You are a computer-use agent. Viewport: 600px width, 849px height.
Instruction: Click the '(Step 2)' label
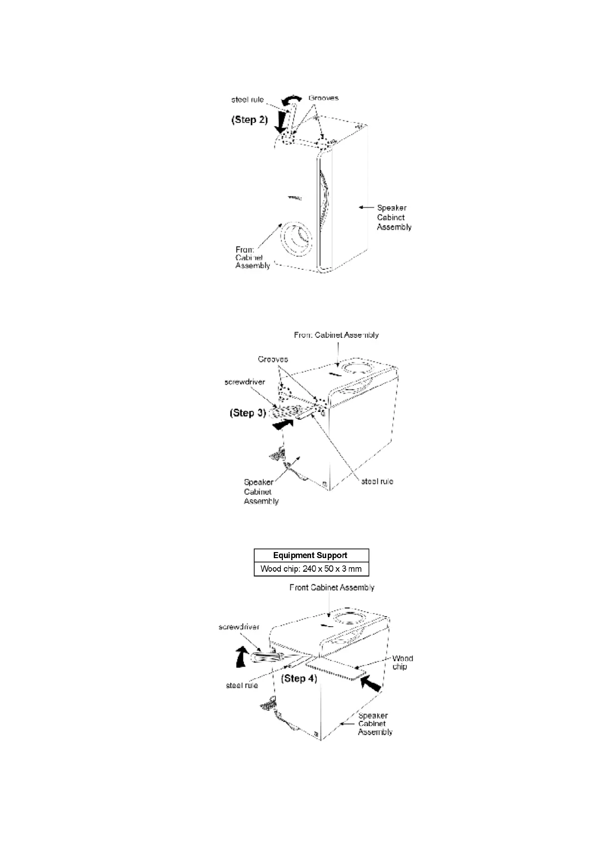point(249,120)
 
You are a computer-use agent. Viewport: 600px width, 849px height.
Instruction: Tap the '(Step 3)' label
point(248,413)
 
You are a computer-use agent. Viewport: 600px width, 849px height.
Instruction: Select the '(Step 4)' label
point(299,678)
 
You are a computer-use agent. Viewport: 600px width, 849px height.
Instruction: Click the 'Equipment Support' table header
point(310,555)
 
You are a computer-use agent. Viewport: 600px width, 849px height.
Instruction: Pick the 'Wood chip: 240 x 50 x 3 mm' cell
point(311,569)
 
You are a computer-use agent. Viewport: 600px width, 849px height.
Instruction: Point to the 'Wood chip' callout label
point(402,662)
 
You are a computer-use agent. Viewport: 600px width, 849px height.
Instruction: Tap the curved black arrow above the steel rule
point(291,100)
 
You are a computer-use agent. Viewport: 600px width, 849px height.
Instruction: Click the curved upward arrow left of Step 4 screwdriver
point(243,656)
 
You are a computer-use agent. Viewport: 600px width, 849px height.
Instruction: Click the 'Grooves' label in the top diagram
point(323,98)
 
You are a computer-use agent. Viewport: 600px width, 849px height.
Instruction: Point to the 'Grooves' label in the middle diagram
point(273,359)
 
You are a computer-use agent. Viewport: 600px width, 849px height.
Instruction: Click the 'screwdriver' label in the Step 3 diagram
point(245,382)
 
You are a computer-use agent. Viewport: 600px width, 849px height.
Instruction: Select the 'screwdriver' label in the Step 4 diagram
point(238,627)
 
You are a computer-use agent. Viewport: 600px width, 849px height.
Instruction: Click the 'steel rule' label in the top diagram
point(247,99)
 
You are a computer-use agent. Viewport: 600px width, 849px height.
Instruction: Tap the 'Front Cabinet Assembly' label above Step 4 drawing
point(332,587)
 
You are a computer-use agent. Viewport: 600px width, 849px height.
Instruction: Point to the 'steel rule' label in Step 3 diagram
point(377,481)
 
